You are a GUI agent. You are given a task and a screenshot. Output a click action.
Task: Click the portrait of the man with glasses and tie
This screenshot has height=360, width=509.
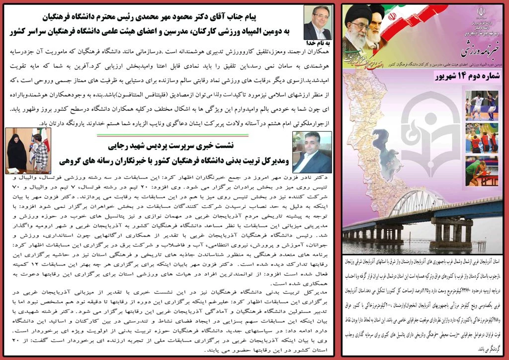317,23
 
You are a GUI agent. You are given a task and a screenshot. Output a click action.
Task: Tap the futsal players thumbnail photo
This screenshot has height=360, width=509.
482,105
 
